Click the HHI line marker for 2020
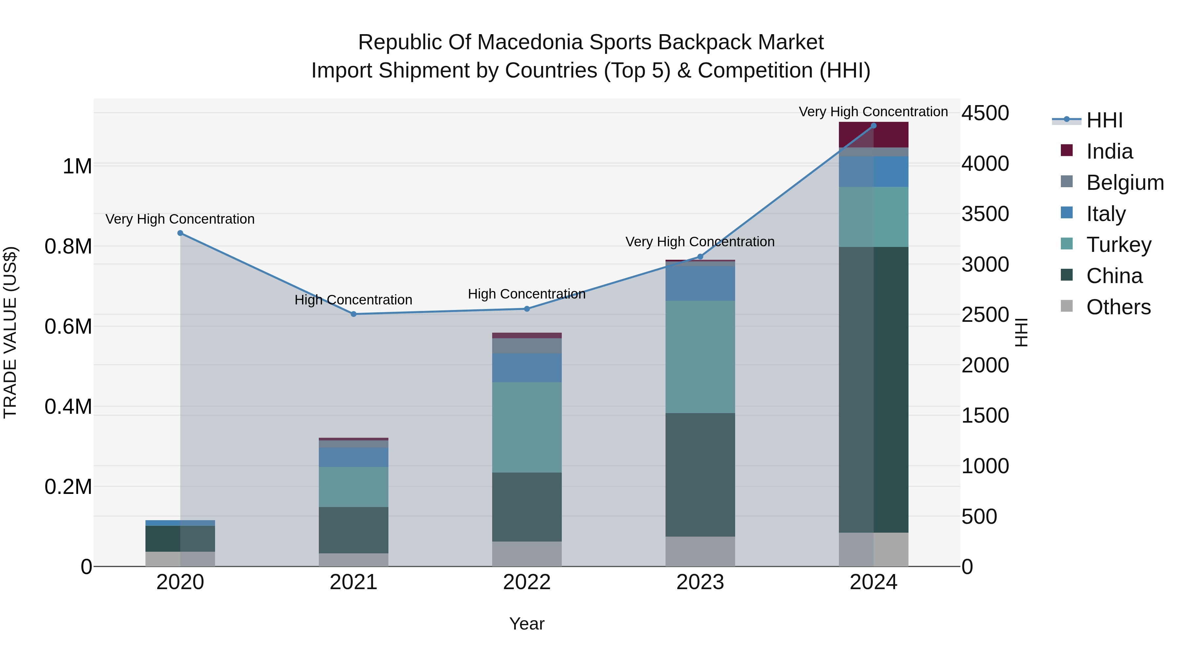point(180,233)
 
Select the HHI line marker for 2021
point(353,314)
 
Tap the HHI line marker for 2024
point(873,126)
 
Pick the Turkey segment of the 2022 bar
point(527,427)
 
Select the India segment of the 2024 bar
point(873,135)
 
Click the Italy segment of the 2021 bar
point(353,457)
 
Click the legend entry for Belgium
point(1124,183)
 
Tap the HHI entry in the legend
point(1104,120)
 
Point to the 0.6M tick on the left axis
point(68,327)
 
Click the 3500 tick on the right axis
point(985,214)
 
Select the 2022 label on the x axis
point(527,582)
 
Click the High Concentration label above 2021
point(353,300)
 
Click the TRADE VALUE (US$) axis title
point(10,332)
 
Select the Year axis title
point(527,624)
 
